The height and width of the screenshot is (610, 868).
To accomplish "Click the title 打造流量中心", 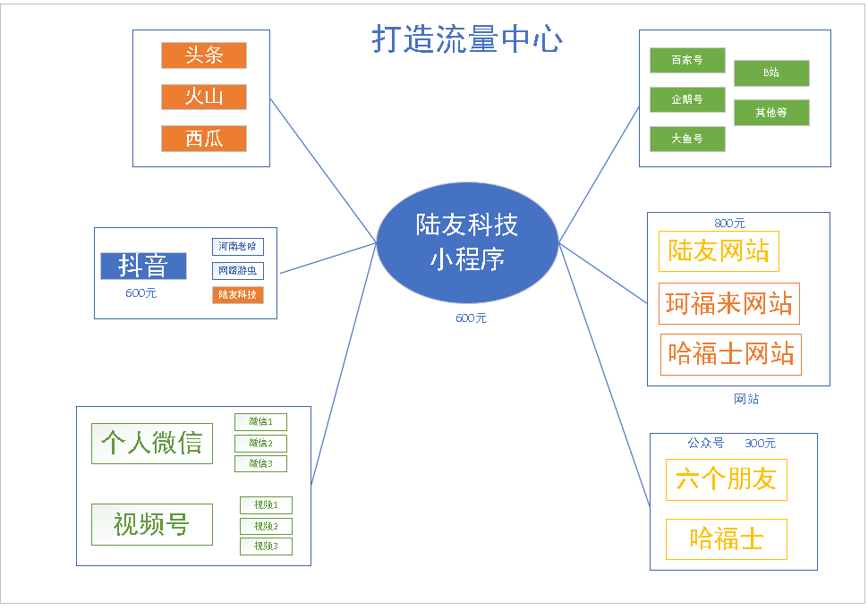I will point(466,39).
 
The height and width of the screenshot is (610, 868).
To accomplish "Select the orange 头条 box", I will point(204,55).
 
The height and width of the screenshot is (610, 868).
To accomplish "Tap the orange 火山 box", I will point(204,97).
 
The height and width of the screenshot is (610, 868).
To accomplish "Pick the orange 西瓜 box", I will point(204,139).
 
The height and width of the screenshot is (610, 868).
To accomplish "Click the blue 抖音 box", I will point(143,266).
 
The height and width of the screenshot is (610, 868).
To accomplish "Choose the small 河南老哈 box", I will point(238,246).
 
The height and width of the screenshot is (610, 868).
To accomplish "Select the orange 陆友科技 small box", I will point(238,294).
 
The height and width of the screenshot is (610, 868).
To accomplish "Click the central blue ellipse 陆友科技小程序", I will point(466,242).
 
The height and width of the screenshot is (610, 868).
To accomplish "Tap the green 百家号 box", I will point(687,61).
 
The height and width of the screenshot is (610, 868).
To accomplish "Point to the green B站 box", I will point(771,73).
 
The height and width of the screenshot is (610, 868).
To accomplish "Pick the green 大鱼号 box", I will point(687,139).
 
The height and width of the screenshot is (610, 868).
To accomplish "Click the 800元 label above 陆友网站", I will point(729,224).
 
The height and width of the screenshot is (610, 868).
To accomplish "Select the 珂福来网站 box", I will point(729,304).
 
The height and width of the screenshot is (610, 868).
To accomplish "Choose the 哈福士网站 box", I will point(730,354).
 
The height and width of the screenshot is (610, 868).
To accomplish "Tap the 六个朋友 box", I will point(726,479).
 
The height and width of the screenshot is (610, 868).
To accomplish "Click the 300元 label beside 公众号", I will point(761,444).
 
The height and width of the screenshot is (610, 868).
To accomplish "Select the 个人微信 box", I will point(152,444).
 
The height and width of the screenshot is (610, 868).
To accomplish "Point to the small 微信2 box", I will point(260,443).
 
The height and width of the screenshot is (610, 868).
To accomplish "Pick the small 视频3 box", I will point(266,546).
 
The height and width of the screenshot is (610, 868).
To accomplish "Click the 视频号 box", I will point(152,524).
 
